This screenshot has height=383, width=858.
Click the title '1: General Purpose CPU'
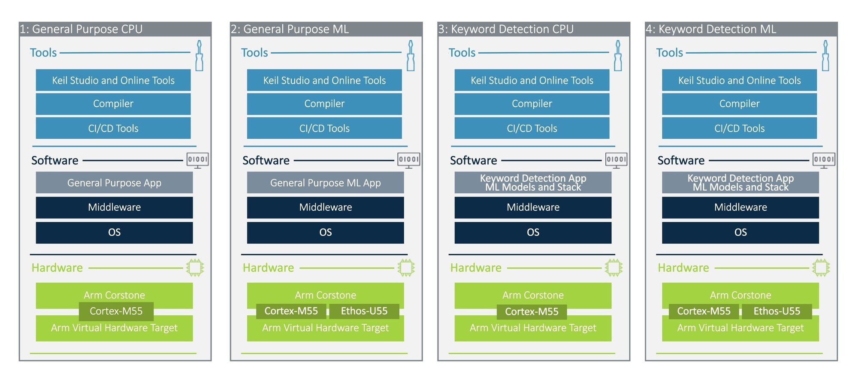pyautogui.click(x=81, y=29)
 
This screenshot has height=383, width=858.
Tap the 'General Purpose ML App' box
pyautogui.click(x=325, y=183)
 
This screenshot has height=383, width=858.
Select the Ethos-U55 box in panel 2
pyautogui.click(x=364, y=311)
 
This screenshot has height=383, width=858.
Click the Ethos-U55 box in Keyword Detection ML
pyautogui.click(x=776, y=311)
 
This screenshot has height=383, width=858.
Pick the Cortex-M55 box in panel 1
pyautogui.click(x=116, y=311)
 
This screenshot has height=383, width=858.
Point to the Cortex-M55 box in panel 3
pyautogui.click(x=532, y=311)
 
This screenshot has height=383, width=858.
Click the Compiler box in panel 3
pyautogui.click(x=532, y=104)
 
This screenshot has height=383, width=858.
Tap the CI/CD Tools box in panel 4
pyautogui.click(x=739, y=128)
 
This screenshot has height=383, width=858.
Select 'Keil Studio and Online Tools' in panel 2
pyautogui.click(x=324, y=80)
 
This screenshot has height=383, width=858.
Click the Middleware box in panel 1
pyautogui.click(x=114, y=207)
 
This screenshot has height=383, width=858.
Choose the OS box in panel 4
pyautogui.click(x=740, y=232)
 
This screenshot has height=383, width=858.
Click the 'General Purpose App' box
pyautogui.click(x=114, y=183)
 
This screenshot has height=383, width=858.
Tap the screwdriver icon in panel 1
pyautogui.click(x=199, y=56)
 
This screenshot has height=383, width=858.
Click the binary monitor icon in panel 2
pyautogui.click(x=408, y=160)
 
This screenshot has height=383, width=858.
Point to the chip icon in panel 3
pyautogui.click(x=613, y=268)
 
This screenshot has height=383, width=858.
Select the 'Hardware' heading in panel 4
pyautogui.click(x=683, y=268)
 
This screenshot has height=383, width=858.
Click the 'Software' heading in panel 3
pyautogui.click(x=473, y=160)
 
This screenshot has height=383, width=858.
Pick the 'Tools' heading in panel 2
pyautogui.click(x=254, y=52)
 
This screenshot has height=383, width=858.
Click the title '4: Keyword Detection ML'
pyautogui.click(x=711, y=29)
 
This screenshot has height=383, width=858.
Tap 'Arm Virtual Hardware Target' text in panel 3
pyautogui.click(x=533, y=328)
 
